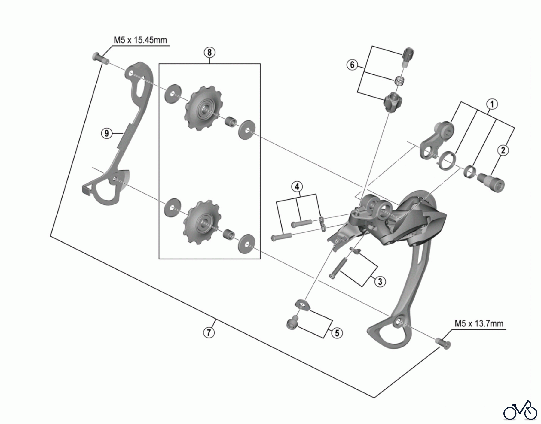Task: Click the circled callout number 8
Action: coord(209,53)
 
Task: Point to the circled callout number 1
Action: coord(492,104)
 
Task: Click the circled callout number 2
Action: coord(503,150)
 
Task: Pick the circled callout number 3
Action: coord(380,281)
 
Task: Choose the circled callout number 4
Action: coord(297,187)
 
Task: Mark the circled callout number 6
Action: coord(352,65)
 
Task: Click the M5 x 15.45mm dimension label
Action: coord(140,40)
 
